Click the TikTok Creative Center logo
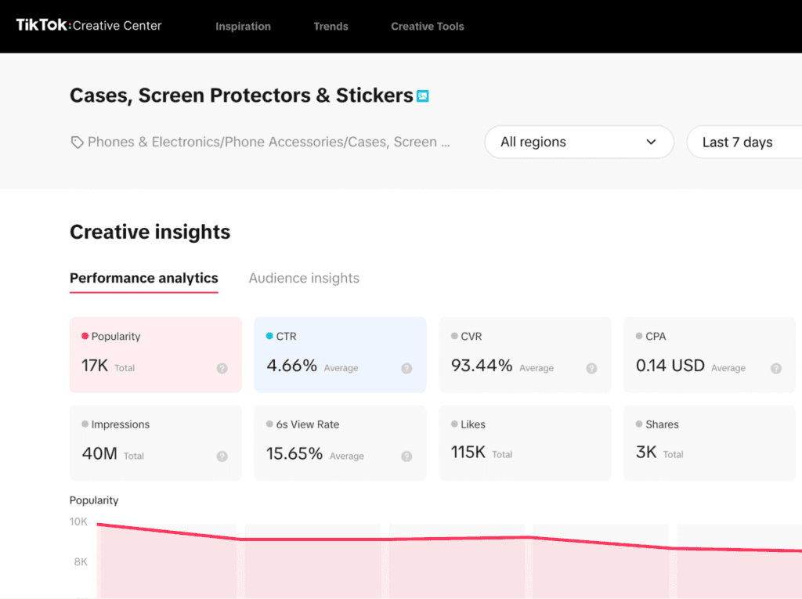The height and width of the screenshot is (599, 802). [89, 26]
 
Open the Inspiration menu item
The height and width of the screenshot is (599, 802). [243, 27]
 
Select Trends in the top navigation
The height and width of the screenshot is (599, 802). [331, 27]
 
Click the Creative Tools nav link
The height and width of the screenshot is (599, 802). [428, 27]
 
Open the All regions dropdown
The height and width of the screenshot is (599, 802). [579, 143]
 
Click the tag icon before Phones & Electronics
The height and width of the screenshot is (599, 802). [77, 143]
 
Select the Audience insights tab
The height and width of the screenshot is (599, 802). [304, 278]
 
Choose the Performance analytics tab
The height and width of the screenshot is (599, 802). [144, 278]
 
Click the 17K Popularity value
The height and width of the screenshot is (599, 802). [95, 366]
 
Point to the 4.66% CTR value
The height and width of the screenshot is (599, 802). [291, 366]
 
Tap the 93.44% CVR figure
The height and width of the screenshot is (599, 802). [482, 366]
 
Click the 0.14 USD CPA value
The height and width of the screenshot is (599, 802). [670, 366]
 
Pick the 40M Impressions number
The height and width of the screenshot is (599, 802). [99, 453]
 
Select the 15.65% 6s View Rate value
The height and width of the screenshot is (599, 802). [294, 453]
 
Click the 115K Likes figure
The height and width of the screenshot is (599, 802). [468, 452]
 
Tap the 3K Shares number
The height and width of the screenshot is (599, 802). [646, 452]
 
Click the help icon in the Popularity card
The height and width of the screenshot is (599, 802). [222, 368]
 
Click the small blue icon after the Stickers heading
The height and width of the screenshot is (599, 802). [423, 96]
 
